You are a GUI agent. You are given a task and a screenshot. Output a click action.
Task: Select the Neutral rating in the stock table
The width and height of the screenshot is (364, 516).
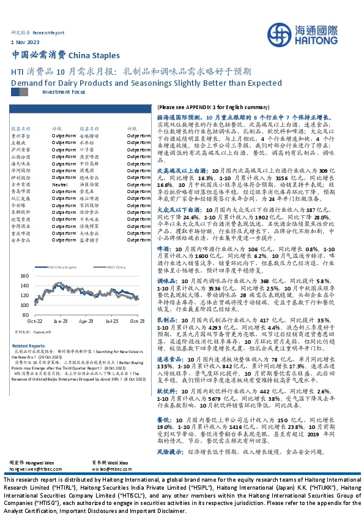[x=59, y=184]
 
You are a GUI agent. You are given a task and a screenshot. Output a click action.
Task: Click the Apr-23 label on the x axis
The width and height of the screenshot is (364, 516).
[x=86, y=321]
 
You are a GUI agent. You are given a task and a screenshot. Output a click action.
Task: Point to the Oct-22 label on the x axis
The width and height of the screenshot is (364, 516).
[x=34, y=321]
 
